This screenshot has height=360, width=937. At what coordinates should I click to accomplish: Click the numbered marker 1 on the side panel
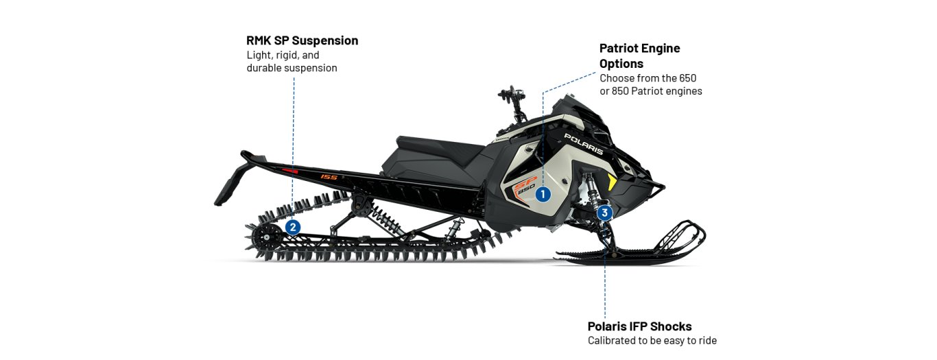[x=543, y=194]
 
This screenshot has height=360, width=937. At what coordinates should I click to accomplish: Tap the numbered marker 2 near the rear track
[x=293, y=226]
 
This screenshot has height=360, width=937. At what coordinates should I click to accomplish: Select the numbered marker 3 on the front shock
[x=604, y=213]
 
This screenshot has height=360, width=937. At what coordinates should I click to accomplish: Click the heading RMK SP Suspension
[x=302, y=40]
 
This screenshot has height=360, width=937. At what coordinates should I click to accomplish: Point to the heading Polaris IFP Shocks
[x=639, y=326]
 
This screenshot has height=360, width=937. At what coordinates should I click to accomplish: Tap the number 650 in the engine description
[x=686, y=78]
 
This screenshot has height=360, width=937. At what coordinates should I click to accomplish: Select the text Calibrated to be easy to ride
[x=652, y=341]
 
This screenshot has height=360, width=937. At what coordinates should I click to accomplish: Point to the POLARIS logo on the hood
[x=583, y=143]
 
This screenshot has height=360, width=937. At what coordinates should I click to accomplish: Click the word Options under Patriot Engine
[x=621, y=63]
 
